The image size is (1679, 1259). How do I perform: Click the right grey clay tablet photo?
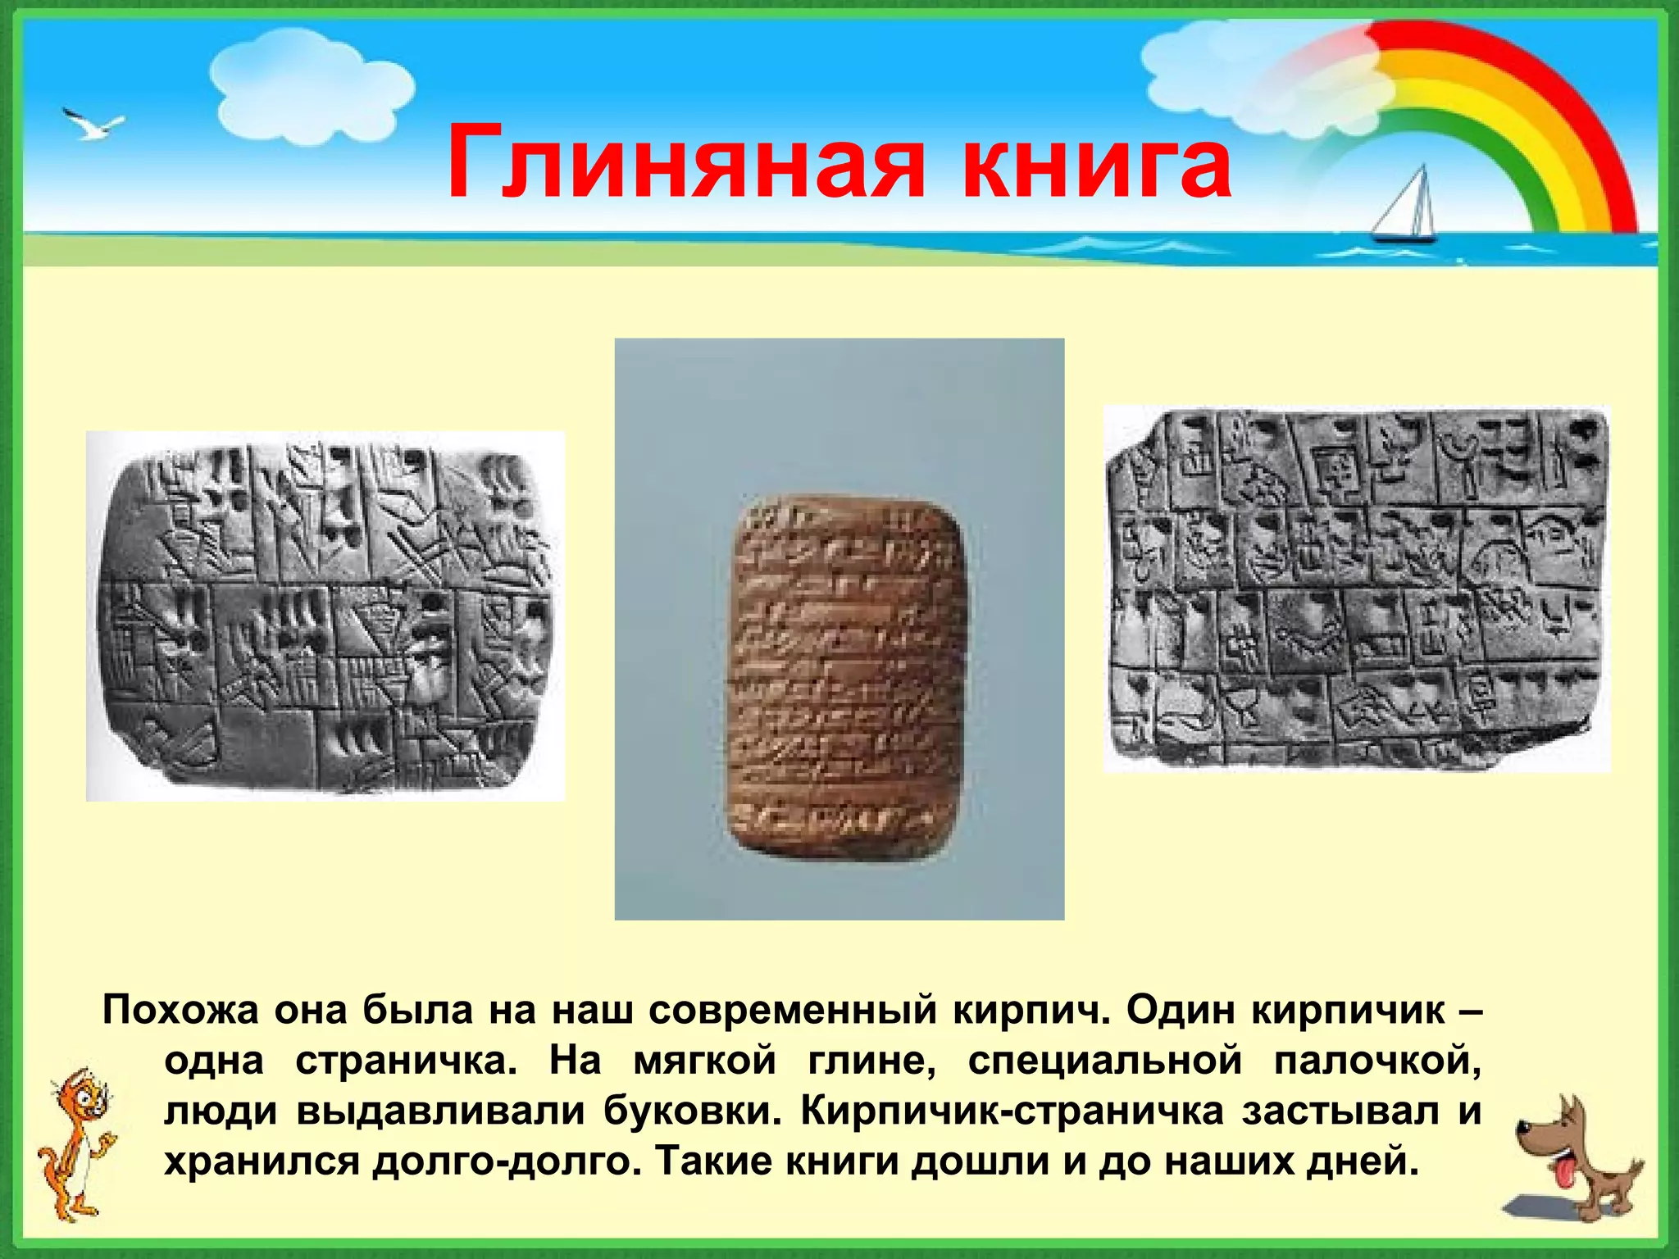(1356, 589)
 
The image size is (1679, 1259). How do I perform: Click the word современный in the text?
(793, 1011)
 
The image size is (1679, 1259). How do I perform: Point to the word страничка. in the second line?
(407, 1061)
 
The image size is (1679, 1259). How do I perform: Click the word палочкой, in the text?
(1377, 1061)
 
